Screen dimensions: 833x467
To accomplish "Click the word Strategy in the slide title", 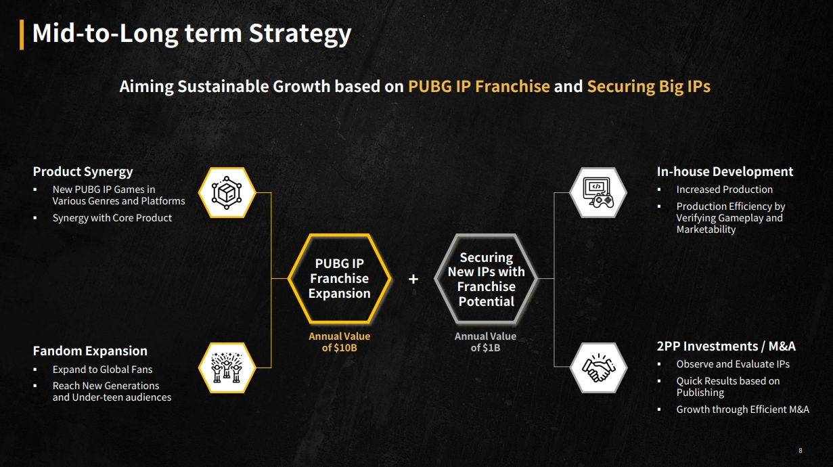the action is click(x=300, y=34).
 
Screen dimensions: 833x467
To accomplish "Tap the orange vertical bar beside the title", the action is click(x=22, y=35).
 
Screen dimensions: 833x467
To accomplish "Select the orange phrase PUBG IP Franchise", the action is click(x=479, y=86).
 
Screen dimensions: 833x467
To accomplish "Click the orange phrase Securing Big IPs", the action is click(x=648, y=86).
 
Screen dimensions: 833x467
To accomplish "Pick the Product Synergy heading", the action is click(x=83, y=172).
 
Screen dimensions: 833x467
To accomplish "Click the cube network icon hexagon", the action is click(x=227, y=193).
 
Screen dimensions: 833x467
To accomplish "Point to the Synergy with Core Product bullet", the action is click(x=112, y=218).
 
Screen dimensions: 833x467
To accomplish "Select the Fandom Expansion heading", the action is click(x=90, y=351).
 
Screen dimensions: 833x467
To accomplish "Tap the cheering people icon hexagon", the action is click(x=227, y=368).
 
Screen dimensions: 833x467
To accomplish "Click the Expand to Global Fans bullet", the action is click(x=102, y=370).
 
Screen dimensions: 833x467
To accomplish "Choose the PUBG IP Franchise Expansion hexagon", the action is click(x=340, y=278).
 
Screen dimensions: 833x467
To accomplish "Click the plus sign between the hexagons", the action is click(x=413, y=279).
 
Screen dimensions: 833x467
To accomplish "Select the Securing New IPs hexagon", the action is click(x=486, y=278).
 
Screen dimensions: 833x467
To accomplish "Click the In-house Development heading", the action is click(x=725, y=171).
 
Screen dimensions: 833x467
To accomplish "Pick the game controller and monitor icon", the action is click(x=598, y=193).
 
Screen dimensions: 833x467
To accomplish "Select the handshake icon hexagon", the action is click(x=598, y=368).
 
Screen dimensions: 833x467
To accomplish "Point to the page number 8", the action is click(x=801, y=451).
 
